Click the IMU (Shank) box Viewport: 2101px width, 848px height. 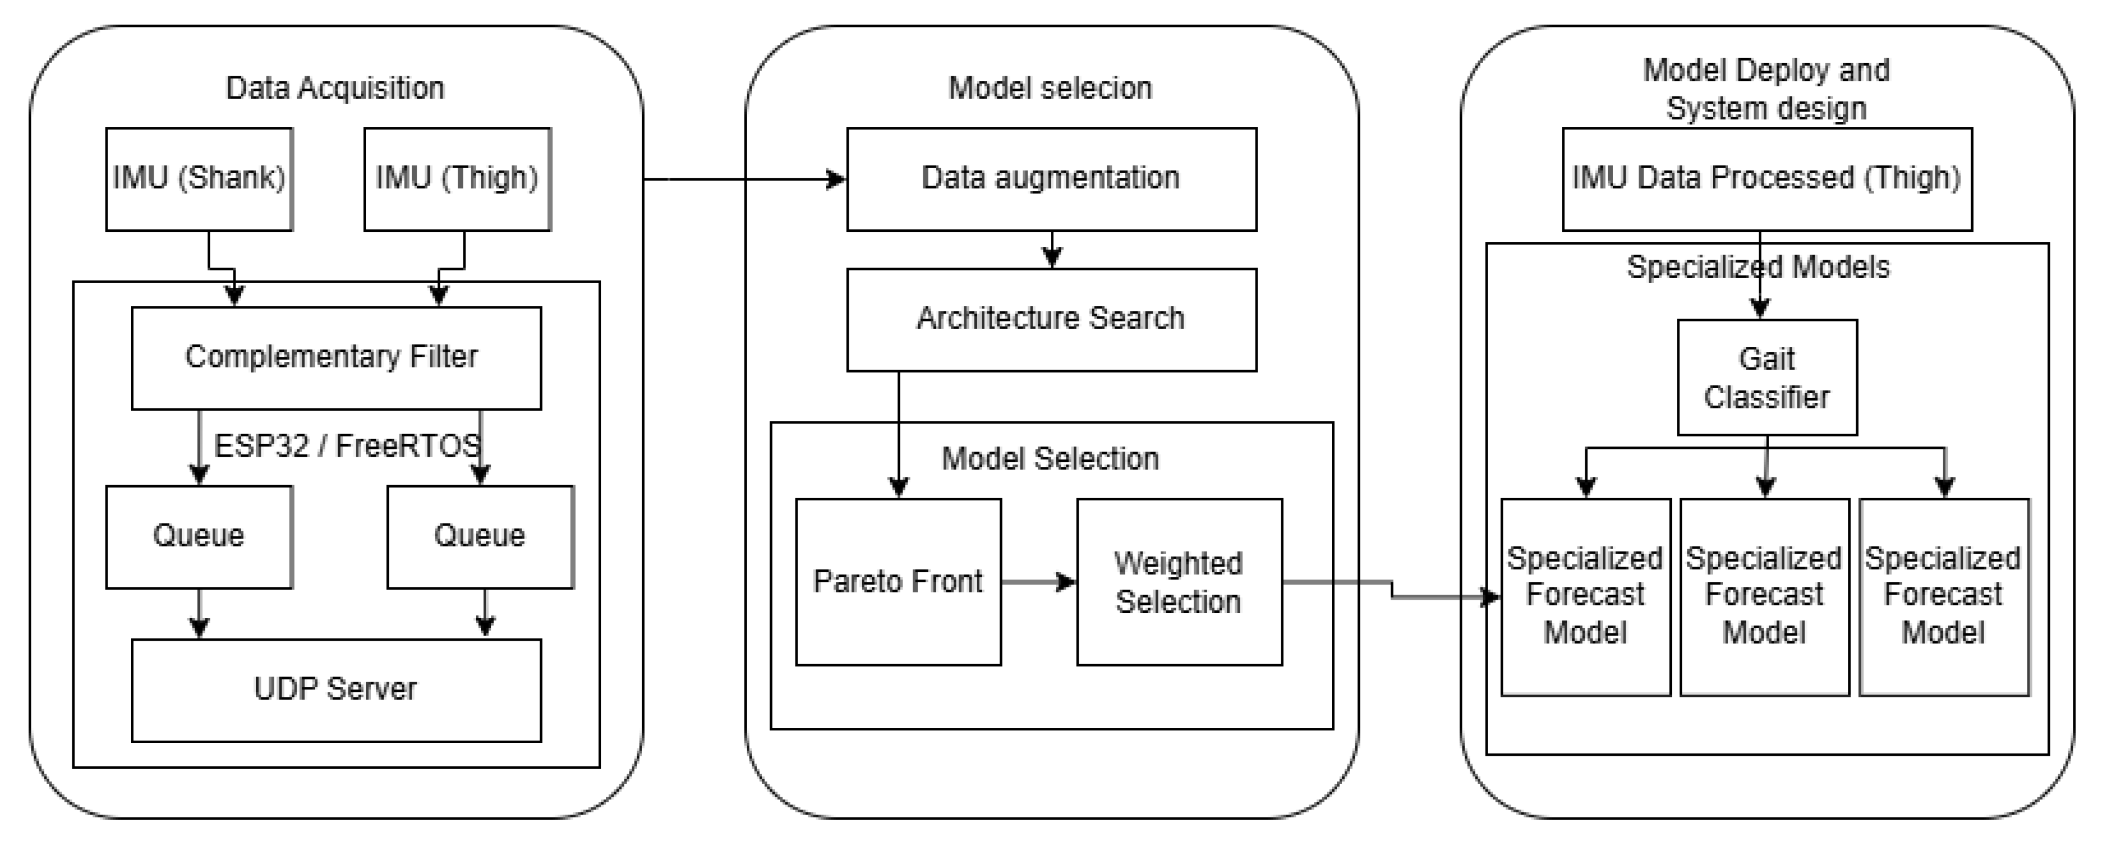199,179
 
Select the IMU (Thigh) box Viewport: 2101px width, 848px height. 457,179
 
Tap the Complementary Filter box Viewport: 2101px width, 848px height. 336,358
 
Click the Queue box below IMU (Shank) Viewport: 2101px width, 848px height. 199,536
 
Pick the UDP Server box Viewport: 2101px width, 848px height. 336,690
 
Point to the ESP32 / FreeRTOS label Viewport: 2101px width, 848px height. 347,445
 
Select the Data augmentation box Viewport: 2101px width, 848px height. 1051,179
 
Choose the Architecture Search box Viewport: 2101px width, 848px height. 1051,319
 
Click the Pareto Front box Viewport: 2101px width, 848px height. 898,582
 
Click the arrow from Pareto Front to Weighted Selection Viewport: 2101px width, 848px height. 1038,582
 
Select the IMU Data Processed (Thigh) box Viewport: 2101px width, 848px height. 1767,179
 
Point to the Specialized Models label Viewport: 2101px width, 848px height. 1758,268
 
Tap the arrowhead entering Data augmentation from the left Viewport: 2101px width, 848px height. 836,179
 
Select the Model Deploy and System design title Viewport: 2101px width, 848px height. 1766,89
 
